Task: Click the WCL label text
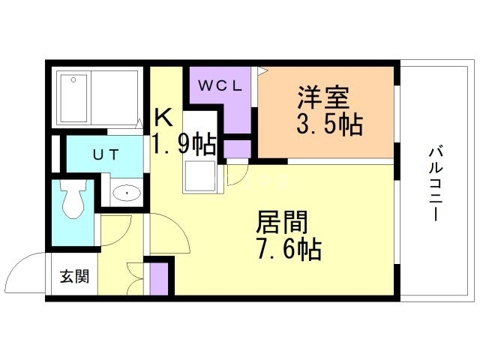point(220,85)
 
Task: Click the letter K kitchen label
point(164,118)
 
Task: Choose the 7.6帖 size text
point(289,247)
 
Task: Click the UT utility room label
point(104,154)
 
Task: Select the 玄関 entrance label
point(74,275)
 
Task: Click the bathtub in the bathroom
point(98,97)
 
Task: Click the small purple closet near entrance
point(159,277)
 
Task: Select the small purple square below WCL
point(238,148)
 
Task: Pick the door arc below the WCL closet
point(235,174)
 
